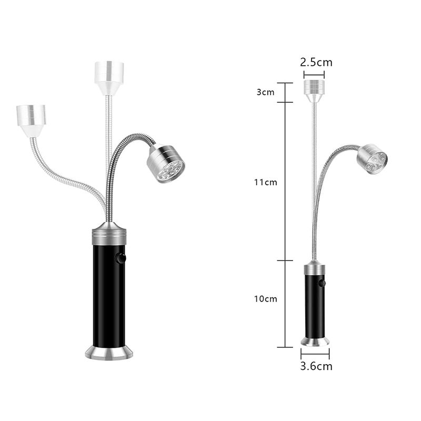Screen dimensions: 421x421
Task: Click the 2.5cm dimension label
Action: click(x=316, y=62)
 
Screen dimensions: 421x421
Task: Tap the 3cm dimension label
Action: click(x=265, y=92)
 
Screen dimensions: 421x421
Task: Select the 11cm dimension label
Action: click(x=265, y=182)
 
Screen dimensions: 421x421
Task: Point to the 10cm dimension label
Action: click(x=265, y=298)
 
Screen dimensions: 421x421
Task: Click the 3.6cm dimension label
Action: click(x=316, y=366)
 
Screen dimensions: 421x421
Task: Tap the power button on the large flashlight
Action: click(x=121, y=258)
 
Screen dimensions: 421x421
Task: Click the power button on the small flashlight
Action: click(x=322, y=283)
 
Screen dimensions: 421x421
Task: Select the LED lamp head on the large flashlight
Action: click(x=166, y=164)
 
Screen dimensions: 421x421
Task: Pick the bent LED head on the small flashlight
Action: click(x=372, y=159)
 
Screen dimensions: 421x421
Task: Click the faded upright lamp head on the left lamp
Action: click(x=109, y=78)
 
